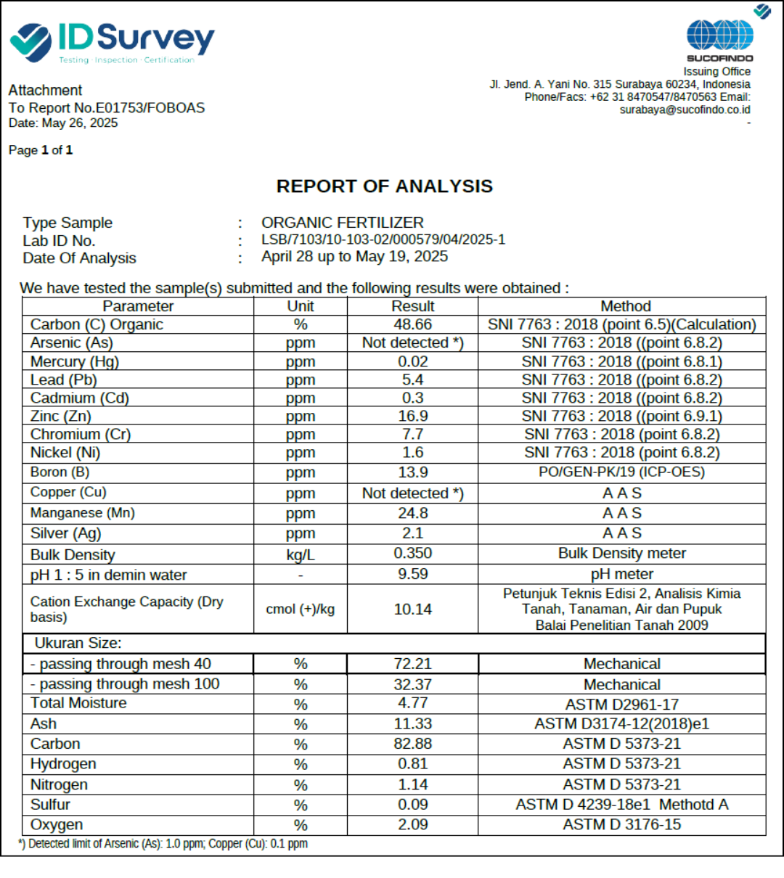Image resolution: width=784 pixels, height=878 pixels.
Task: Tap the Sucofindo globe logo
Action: [x=719, y=36]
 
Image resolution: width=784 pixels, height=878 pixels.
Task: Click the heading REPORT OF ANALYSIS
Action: [x=384, y=186]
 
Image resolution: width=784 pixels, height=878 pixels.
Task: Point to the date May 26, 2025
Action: [x=80, y=123]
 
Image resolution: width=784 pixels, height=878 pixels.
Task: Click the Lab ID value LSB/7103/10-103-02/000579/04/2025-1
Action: [x=383, y=239]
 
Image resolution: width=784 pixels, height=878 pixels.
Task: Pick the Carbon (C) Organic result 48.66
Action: [x=412, y=324]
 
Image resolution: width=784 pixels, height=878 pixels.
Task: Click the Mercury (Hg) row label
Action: [x=74, y=361]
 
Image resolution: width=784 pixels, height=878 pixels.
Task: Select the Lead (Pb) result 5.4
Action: [x=412, y=379]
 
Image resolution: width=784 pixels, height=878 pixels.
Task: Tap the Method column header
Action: [x=625, y=306]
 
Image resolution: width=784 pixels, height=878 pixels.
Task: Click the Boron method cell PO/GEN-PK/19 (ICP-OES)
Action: [x=621, y=472]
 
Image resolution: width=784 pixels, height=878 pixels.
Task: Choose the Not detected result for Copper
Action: [x=412, y=493]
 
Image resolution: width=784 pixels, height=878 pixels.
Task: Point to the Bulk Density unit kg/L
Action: [x=300, y=555]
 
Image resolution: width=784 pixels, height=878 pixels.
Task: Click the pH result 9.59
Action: [x=412, y=574]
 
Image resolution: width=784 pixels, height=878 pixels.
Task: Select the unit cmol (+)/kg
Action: [x=300, y=610]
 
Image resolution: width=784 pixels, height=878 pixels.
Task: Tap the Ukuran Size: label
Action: [x=78, y=644]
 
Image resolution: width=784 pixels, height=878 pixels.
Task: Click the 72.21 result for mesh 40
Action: [x=412, y=664]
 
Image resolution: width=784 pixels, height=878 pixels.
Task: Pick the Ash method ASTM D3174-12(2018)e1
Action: [x=621, y=724]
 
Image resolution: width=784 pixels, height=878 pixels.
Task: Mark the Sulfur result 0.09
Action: [x=412, y=805]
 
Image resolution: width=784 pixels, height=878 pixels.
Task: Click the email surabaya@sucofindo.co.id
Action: [x=685, y=110]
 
